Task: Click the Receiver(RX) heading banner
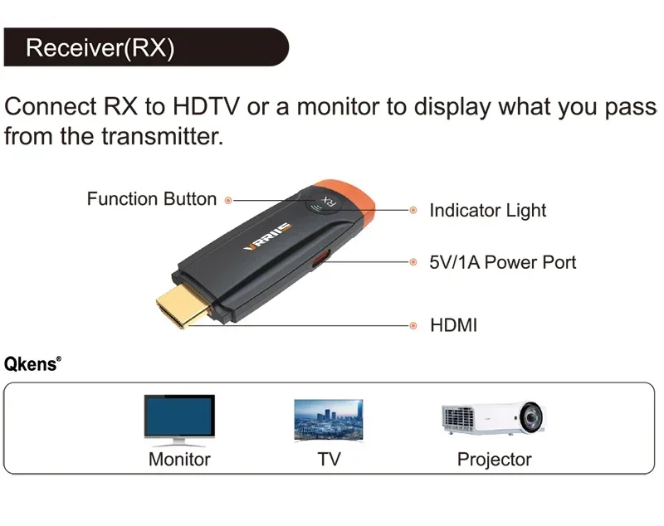click(146, 47)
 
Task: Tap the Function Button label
click(152, 199)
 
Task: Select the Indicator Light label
click(488, 210)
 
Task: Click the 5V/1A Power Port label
click(503, 262)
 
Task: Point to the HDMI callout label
click(453, 325)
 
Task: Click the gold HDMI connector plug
click(183, 304)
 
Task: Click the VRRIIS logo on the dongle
click(268, 236)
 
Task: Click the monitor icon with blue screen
click(179, 420)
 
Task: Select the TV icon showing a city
click(329, 421)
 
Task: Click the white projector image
click(493, 418)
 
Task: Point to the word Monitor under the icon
click(179, 459)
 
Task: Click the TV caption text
click(329, 459)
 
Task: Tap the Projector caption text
click(494, 460)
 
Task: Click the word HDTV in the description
click(206, 106)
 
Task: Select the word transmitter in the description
click(162, 136)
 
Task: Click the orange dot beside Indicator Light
click(413, 210)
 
